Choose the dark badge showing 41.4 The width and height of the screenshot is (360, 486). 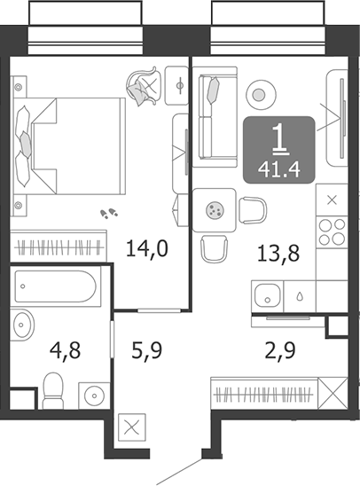(278, 149)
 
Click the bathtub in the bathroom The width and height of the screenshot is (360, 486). (56, 288)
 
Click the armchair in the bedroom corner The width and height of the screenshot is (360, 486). (143, 87)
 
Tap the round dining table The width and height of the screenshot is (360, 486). (215, 211)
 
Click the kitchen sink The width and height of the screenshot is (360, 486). (266, 295)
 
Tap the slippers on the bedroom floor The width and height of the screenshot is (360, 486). (110, 212)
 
